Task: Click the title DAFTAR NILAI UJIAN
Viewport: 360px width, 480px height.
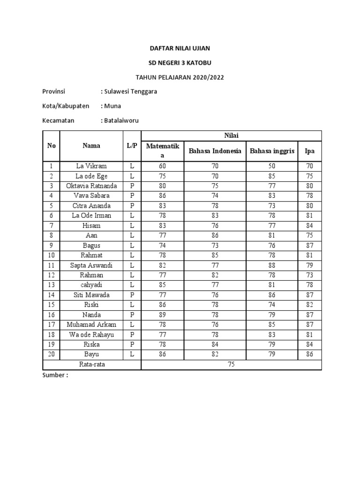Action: tap(180, 48)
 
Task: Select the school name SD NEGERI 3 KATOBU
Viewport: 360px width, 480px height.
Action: tap(180, 62)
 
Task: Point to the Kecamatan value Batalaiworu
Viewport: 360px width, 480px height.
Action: tap(120, 120)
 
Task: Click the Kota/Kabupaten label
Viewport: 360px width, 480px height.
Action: tap(66, 106)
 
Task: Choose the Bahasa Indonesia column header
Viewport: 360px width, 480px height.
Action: tap(215, 151)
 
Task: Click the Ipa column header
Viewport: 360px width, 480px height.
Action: tap(309, 151)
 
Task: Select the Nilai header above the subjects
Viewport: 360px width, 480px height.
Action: tap(231, 135)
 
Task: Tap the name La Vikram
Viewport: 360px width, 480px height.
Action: tap(91, 166)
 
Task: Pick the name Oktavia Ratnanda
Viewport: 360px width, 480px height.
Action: tap(91, 186)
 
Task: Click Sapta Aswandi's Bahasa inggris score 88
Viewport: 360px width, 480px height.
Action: tap(272, 265)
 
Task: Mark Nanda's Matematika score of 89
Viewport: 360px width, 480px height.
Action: tap(162, 315)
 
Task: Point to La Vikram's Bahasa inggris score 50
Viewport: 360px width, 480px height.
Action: tap(272, 166)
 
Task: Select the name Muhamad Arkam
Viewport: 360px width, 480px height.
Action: tap(91, 325)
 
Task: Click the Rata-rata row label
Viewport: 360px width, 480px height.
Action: tap(91, 365)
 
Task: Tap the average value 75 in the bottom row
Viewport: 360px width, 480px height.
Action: tap(231, 365)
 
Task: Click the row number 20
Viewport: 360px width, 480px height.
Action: tap(51, 354)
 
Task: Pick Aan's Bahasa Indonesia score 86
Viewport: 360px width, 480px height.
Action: tap(215, 235)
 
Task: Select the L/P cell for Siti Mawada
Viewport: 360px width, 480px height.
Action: tap(132, 295)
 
